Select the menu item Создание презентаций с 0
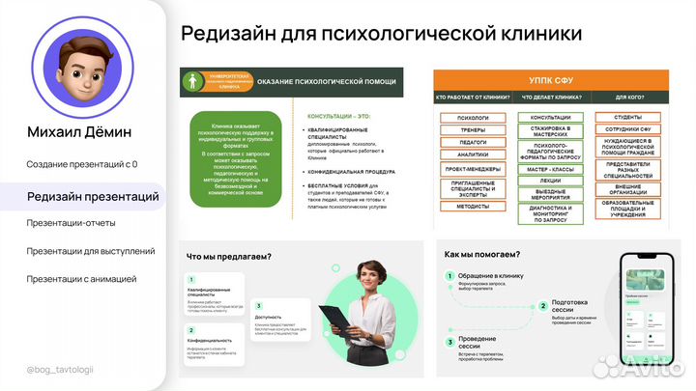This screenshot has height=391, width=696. coord(82,164)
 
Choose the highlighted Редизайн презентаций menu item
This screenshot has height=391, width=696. coord(93,197)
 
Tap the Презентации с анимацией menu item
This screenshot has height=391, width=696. coord(81,279)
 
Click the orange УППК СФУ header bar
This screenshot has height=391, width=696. coord(552,79)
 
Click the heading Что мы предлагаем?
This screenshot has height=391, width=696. coord(228,257)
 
